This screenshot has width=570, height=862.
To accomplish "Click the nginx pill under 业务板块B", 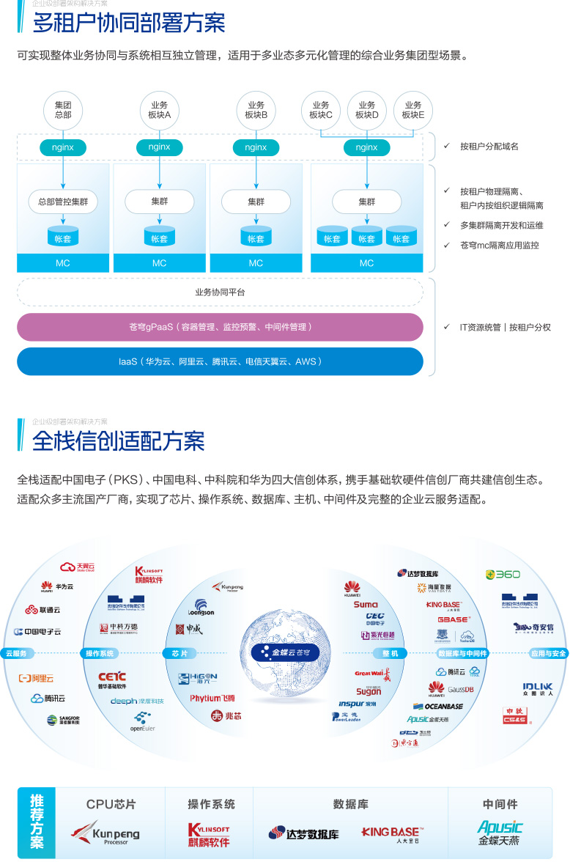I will pos(256,147).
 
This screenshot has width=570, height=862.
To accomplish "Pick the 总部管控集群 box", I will pos(63,202).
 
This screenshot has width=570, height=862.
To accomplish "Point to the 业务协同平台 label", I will pos(220,292).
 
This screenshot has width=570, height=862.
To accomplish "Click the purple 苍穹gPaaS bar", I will pos(220,327).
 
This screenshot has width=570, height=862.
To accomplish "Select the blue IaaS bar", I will pos(220,361).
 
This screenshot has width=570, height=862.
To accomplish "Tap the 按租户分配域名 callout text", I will pos(489,147).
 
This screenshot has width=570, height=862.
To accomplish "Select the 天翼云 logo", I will pos(78,567).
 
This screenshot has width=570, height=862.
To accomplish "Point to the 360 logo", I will pos(503,575).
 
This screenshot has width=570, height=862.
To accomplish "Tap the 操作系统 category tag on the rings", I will pos(100,653).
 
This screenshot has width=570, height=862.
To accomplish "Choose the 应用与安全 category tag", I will pos(548,653).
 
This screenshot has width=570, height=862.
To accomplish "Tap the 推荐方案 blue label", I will pos(37,821).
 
